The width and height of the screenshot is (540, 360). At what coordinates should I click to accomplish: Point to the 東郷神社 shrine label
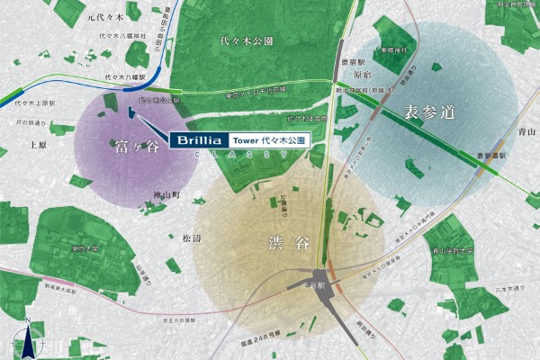coord(392,51)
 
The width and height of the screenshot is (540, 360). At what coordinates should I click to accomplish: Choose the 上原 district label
coord(38,144)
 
